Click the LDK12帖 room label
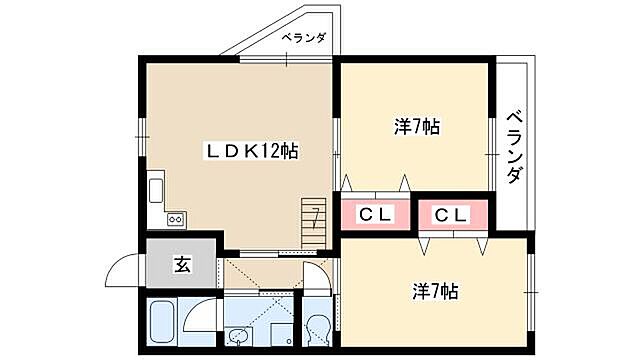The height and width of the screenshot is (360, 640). tap(251, 151)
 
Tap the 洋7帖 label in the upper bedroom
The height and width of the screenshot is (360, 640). tap(417, 127)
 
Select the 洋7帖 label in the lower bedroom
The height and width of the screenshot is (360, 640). tap(435, 291)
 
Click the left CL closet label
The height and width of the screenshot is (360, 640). tap(374, 214)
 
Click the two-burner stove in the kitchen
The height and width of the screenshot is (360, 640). tap(175, 219)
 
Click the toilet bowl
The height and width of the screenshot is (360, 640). tap(318, 331)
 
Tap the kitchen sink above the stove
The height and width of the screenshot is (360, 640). tap(157, 190)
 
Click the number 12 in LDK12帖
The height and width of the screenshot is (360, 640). tap(268, 151)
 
